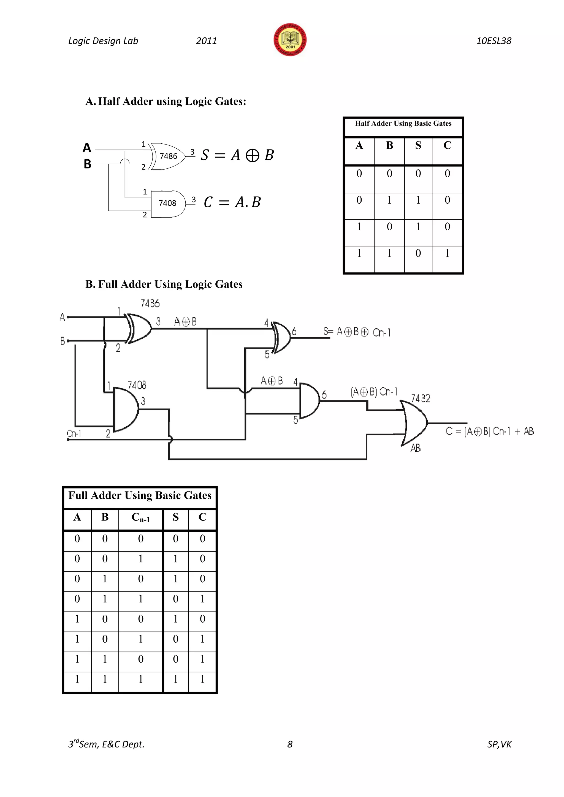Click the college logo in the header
[x=290, y=40]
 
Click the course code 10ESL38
[x=493, y=41]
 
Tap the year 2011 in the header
[x=206, y=41]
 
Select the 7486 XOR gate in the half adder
[x=168, y=156]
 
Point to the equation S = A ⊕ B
[x=237, y=155]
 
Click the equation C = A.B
[x=232, y=202]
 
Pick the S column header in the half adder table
[x=418, y=145]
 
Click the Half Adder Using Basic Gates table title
[x=403, y=124]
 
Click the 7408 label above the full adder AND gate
[x=137, y=385]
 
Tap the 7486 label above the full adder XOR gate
[x=150, y=304]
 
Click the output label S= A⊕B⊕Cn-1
[x=357, y=332]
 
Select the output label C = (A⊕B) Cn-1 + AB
[x=490, y=432]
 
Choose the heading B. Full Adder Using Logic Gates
[x=164, y=284]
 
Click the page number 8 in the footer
[x=290, y=744]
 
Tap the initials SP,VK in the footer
[x=499, y=744]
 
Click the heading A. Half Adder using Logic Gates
[x=166, y=101]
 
